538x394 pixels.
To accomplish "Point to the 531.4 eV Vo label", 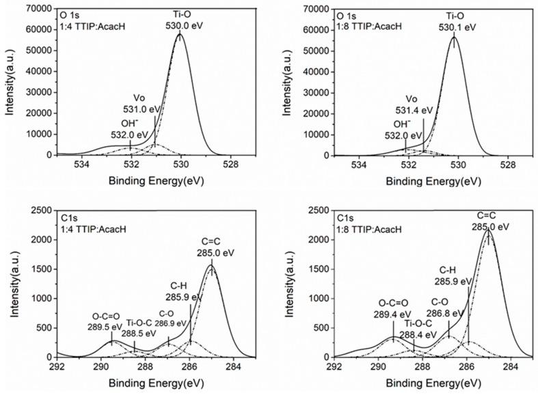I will click(x=419, y=110).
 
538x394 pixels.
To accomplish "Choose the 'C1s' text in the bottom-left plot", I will click(x=70, y=217).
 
